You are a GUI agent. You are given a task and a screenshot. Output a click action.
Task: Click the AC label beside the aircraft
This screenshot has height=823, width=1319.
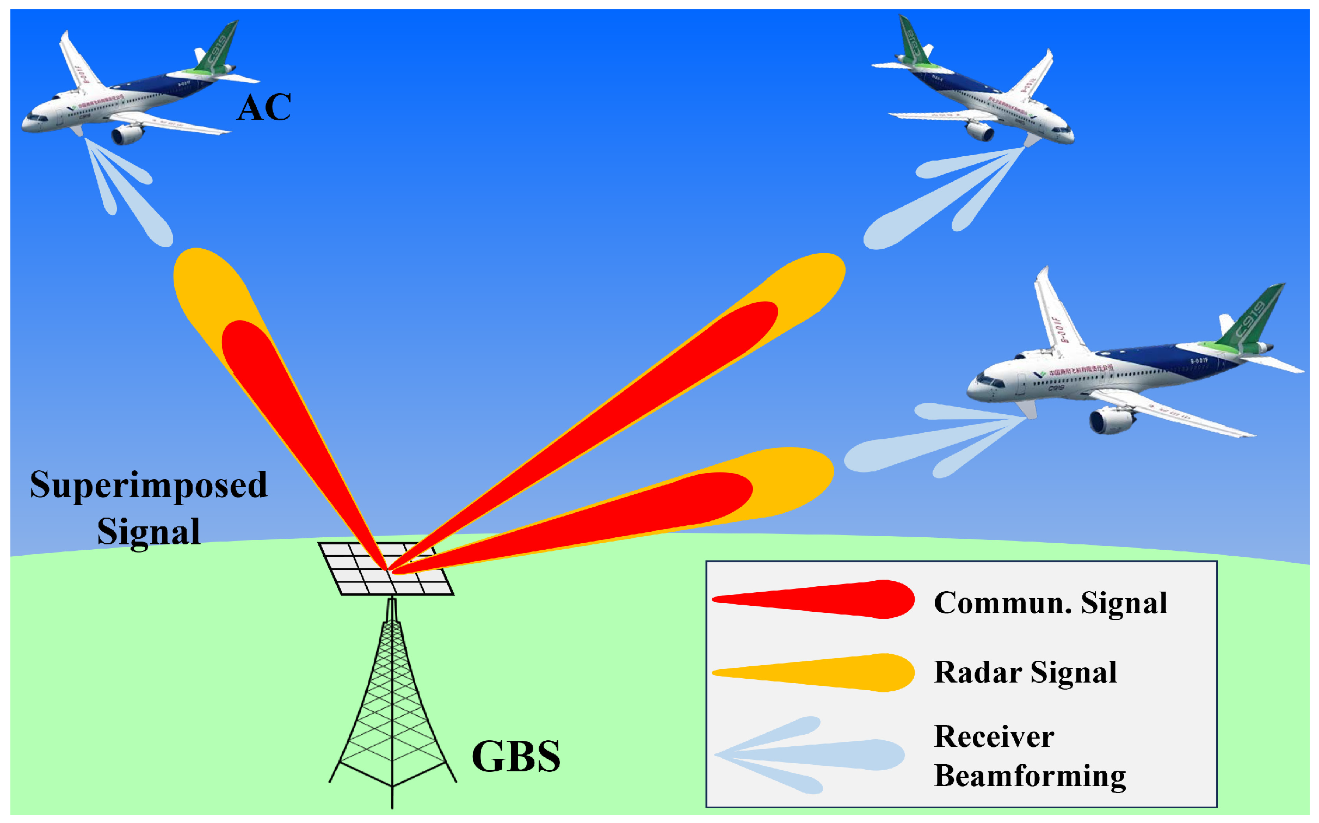pos(264,107)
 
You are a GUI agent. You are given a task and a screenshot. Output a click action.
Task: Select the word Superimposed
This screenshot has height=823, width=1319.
pos(149,485)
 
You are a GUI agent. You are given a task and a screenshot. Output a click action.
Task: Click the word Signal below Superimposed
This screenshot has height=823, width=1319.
pos(149,532)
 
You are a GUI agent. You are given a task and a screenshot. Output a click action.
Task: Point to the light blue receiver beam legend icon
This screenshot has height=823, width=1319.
pos(811,755)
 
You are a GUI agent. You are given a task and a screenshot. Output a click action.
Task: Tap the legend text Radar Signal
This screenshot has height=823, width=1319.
pos(1025,672)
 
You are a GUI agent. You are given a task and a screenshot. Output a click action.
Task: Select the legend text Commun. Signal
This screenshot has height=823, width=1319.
pos(1050,603)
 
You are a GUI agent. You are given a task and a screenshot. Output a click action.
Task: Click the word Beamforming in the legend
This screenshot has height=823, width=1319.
pos(1030,776)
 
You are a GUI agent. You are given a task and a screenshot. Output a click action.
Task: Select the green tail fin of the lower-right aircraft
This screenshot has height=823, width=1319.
pos(1252,318)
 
